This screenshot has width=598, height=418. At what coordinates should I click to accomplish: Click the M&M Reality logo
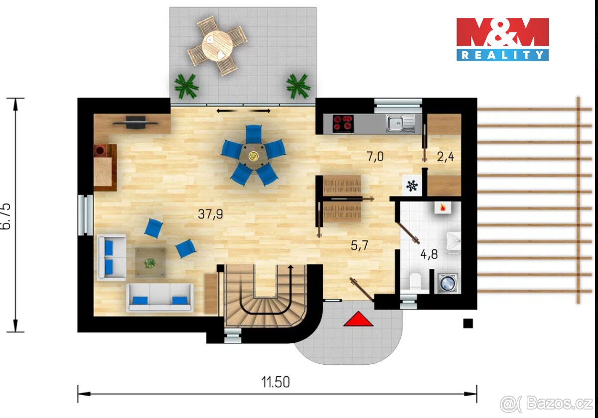(502, 39)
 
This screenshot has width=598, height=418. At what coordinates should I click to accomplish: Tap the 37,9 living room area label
(210, 214)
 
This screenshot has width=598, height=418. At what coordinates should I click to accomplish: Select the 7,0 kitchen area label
(375, 157)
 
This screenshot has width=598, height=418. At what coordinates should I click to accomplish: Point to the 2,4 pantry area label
(446, 157)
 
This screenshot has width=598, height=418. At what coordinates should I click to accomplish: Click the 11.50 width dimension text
(276, 382)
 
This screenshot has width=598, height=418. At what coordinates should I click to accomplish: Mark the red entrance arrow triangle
(358, 319)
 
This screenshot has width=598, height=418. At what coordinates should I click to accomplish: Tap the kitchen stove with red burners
(343, 123)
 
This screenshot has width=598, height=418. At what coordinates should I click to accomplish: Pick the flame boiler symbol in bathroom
(442, 208)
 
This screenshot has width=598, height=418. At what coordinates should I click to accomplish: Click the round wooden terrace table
(217, 45)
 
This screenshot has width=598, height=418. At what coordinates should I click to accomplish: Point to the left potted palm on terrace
(186, 86)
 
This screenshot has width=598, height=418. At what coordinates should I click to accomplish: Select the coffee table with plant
(149, 262)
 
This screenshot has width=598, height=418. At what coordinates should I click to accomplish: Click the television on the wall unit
(129, 121)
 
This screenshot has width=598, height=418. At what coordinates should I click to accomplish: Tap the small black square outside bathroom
(467, 323)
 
